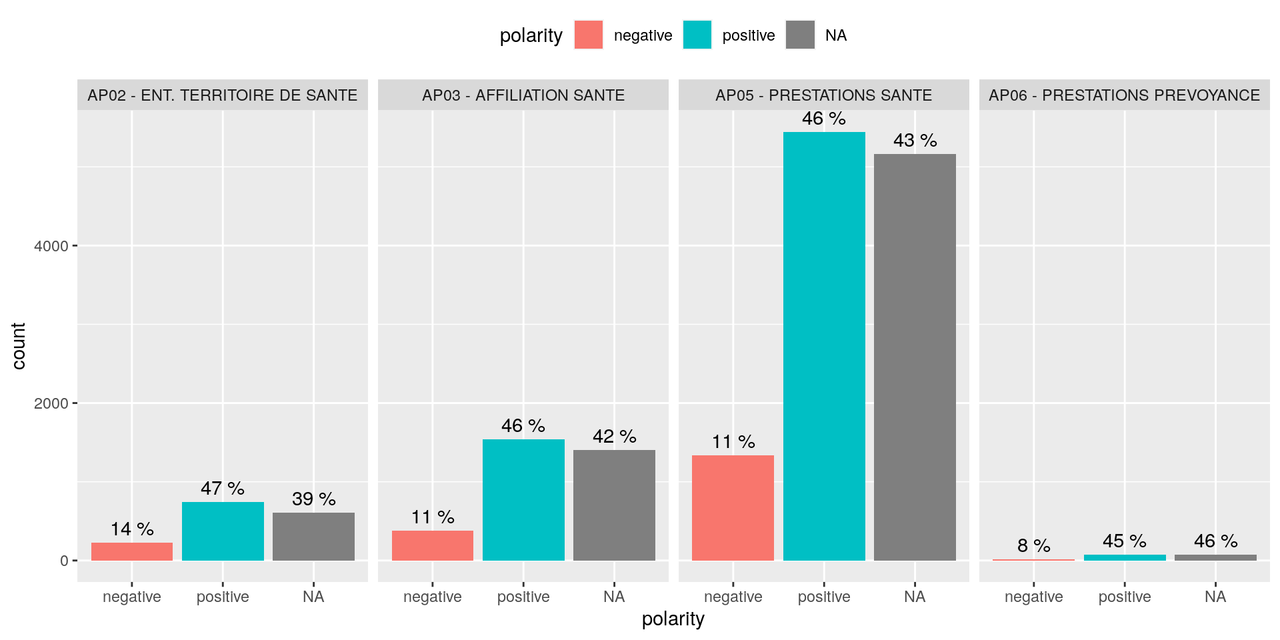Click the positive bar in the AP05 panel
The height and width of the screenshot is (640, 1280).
click(824, 347)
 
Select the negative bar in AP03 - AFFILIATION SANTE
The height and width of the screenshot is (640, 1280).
click(433, 545)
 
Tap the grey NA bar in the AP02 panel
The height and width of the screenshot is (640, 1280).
click(313, 537)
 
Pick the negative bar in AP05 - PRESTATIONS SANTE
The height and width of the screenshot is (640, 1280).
click(733, 508)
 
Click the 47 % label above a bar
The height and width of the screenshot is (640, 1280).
click(223, 489)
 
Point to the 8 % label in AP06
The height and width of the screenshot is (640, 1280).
click(1033, 546)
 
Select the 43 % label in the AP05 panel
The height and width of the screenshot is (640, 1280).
click(915, 141)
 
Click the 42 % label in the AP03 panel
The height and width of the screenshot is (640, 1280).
click(614, 437)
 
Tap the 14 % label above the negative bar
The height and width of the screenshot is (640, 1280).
click(132, 529)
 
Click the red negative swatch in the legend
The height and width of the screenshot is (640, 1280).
click(589, 35)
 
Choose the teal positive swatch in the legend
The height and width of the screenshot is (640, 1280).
click(697, 35)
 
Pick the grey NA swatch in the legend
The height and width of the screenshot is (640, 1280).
click(800, 35)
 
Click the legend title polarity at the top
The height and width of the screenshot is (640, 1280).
click(531, 36)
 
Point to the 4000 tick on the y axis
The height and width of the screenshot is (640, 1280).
click(51, 246)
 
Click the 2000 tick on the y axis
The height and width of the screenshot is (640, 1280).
click(51, 403)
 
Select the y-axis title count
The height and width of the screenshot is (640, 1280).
click(19, 346)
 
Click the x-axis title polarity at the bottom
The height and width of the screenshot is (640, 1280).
click(673, 619)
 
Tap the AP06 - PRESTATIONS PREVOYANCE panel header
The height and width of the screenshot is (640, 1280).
click(1124, 95)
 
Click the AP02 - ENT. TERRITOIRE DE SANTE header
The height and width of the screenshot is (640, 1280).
click(222, 95)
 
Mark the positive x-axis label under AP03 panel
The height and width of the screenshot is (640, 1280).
click(523, 597)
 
